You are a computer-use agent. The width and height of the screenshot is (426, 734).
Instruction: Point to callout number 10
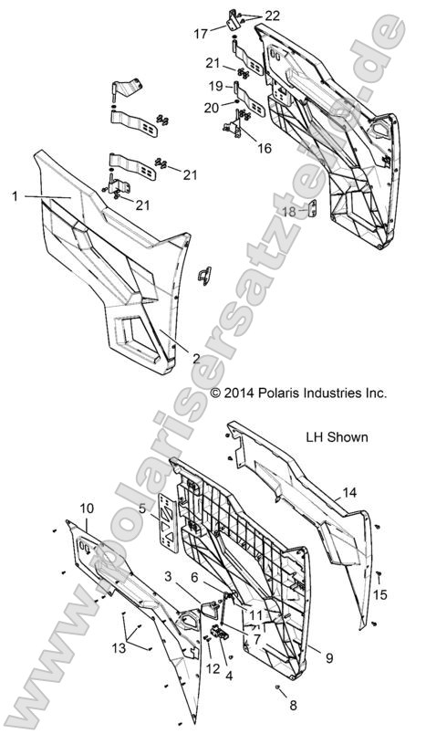[87, 508]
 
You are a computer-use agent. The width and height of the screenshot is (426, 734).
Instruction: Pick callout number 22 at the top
[248, 16]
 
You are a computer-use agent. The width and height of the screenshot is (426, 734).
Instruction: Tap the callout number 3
[170, 576]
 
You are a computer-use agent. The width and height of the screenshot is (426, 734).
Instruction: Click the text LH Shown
[337, 436]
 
